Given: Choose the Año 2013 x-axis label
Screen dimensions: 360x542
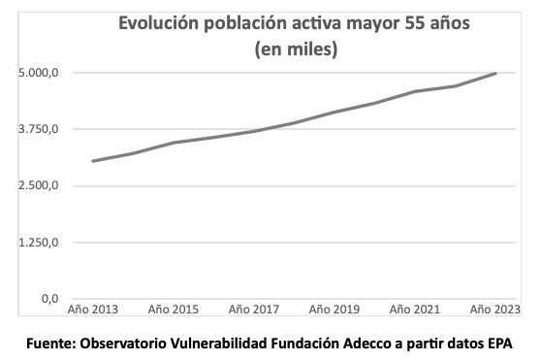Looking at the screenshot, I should click(93, 311).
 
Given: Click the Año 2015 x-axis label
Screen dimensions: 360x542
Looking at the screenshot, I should click(174, 311).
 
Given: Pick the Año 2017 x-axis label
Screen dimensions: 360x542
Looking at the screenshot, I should click(254, 311).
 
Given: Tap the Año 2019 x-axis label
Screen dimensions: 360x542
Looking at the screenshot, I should click(335, 311).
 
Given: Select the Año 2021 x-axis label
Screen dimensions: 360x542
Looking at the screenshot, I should click(415, 311).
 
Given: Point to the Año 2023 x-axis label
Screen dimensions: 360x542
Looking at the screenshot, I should click(494, 311).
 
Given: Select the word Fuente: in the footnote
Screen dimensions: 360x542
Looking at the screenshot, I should click(51, 344).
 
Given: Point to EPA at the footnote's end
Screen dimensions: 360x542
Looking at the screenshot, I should click(495, 344).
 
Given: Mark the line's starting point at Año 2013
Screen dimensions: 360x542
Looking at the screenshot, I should click(93, 161).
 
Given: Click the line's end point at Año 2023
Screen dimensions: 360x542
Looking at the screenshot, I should click(496, 74).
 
